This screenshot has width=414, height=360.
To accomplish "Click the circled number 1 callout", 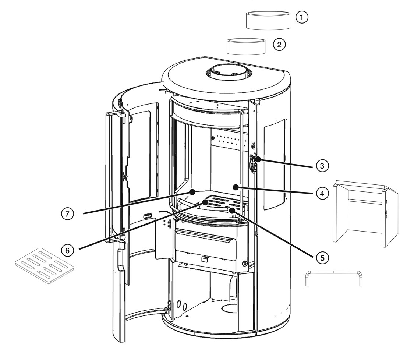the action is [x=301, y=17].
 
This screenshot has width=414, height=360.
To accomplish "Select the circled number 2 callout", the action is [x=279, y=45].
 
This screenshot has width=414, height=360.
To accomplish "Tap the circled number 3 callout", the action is [x=322, y=166].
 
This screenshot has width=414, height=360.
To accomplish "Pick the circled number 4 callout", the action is [x=322, y=194].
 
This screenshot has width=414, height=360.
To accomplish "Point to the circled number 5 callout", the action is [x=322, y=258].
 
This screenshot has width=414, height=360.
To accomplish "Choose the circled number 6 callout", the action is [x=67, y=250].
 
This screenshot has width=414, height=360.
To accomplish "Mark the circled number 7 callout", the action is [x=67, y=213].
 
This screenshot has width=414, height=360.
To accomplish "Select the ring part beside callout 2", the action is [x=246, y=46].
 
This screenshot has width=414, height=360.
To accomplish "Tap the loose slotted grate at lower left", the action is [x=45, y=265].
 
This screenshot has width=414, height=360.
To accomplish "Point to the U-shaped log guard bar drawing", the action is [x=334, y=278].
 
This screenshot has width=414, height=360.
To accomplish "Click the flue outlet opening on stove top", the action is [x=229, y=71].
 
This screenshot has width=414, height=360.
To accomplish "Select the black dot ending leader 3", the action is [x=258, y=159].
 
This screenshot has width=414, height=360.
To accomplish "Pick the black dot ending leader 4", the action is [x=236, y=187].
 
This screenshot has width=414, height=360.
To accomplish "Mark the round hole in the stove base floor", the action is [x=229, y=307].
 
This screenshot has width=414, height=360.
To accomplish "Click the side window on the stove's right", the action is [x=275, y=164].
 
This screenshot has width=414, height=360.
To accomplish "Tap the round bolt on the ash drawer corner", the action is [x=245, y=264].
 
